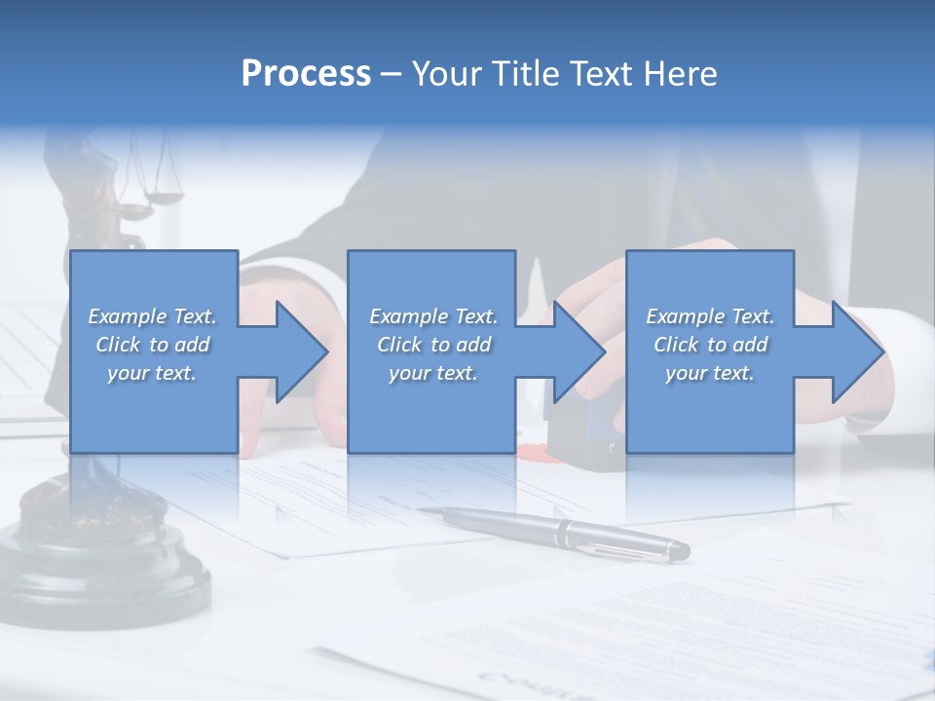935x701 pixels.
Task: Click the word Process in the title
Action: click(306, 74)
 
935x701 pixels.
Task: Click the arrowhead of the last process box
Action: click(856, 351)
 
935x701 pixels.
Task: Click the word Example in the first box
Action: click(127, 316)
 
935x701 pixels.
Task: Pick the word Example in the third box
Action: click(685, 316)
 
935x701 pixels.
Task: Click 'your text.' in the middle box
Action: click(432, 373)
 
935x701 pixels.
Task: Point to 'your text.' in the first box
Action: click(151, 373)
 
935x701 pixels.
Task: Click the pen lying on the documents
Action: click(565, 533)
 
